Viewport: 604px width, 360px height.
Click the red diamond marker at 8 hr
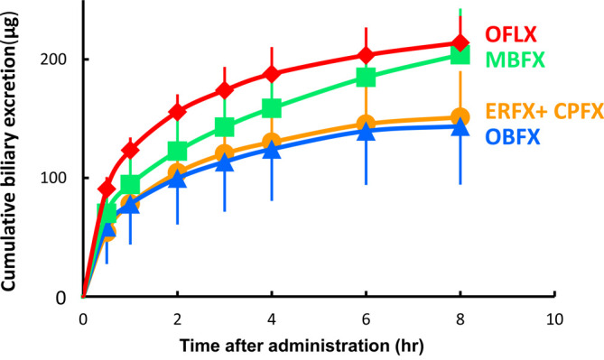point(460,43)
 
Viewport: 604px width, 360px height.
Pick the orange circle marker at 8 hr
point(460,117)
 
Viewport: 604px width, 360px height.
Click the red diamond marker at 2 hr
point(178,112)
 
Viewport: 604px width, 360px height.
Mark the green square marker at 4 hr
point(272,109)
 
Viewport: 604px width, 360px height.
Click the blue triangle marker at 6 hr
point(366,132)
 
